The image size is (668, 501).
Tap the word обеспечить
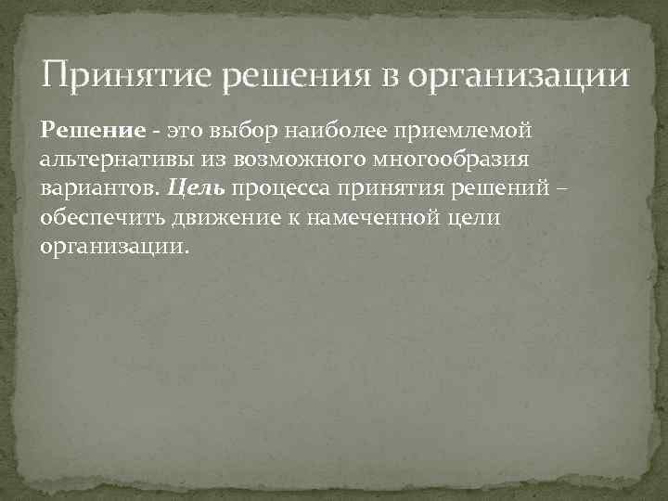click(103, 220)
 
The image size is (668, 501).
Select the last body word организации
click(114, 249)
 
